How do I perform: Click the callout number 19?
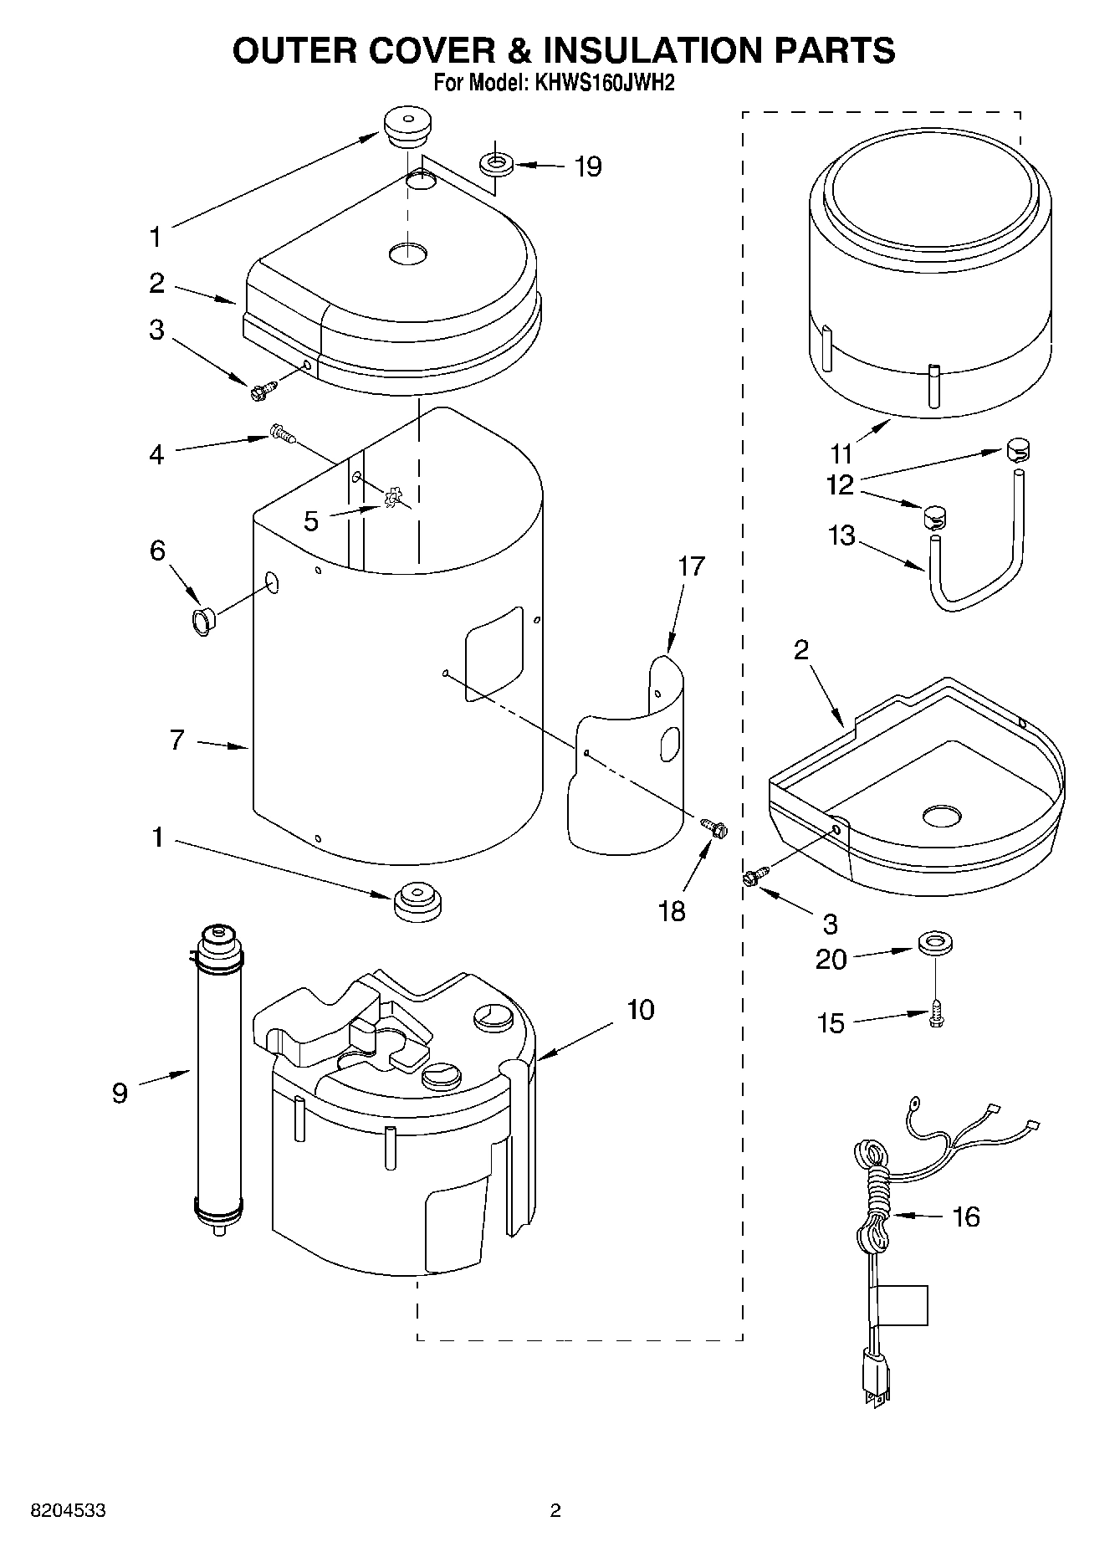click(587, 167)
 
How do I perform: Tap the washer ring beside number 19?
click(496, 162)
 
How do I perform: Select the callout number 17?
click(691, 566)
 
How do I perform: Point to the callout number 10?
click(640, 1011)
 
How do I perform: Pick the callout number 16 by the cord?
click(965, 1217)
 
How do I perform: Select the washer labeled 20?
click(936, 945)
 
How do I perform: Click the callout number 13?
click(841, 535)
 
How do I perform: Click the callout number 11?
click(841, 453)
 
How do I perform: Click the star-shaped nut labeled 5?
click(391, 499)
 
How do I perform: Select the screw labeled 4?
click(283, 433)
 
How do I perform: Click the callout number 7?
click(176, 740)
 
